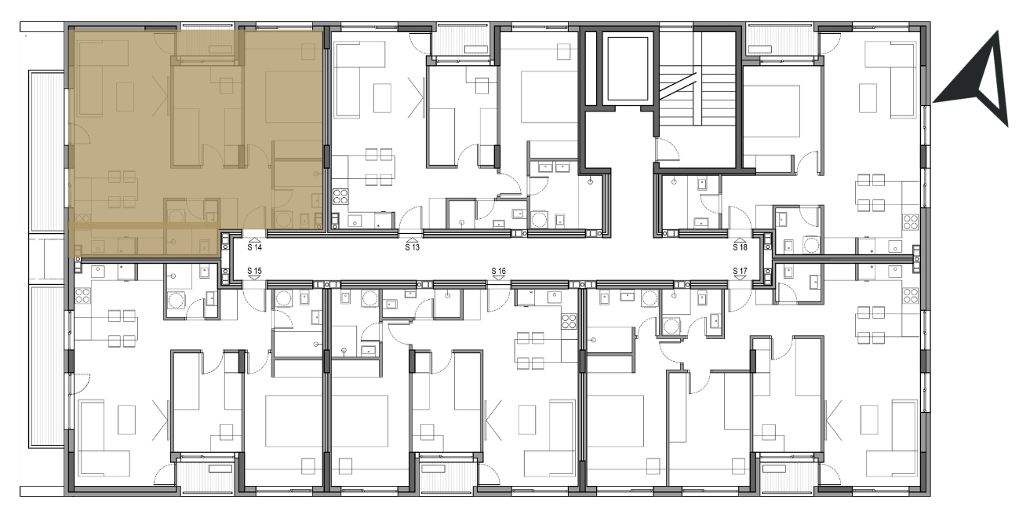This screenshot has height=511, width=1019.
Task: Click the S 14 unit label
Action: (255, 247)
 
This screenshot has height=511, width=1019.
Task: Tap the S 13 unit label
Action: (412, 247)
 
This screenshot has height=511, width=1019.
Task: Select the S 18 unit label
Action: (741, 247)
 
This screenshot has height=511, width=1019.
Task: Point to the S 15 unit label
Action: (255, 271)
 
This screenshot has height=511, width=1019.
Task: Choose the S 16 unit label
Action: (499, 271)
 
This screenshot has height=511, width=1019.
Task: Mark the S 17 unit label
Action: (741, 271)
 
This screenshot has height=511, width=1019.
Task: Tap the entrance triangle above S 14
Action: (255, 240)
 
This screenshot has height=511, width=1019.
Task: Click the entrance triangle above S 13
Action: (412, 240)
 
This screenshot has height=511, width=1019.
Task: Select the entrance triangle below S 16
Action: (499, 278)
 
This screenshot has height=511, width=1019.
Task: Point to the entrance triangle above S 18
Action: (741, 240)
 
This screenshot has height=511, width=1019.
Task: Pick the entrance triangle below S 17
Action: (741, 278)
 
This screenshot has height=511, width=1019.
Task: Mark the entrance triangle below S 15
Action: (255, 278)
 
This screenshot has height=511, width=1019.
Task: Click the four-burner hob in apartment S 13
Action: (340, 196)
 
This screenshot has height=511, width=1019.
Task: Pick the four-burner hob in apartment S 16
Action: (569, 321)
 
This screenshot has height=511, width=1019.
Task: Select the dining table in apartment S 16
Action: (530, 350)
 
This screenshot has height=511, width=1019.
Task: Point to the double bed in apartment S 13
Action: (545, 97)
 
